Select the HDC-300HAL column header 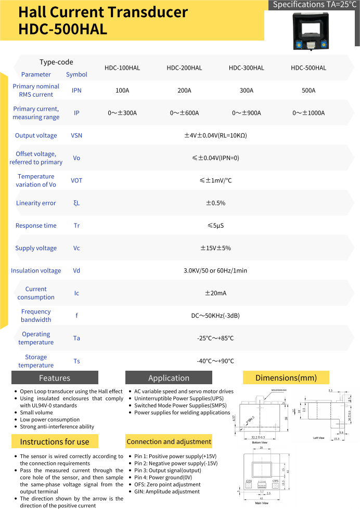coord(246,68)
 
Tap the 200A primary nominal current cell coord(184,90)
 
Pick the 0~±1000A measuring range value coord(308,113)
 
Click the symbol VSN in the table coord(76,136)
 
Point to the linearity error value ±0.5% coord(215,203)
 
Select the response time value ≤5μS coord(215,226)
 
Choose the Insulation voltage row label coord(36,271)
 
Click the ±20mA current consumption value coord(215,293)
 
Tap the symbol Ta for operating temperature coord(76,338)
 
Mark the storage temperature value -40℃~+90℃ coord(215,361)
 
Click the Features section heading coord(55,378)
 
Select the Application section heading coord(169,378)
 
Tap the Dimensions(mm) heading coord(286,377)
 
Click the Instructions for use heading coord(55,442)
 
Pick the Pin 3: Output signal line coord(164,471)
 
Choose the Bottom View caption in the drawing coord(260,428)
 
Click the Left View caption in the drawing coord(319,438)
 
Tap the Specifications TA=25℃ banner coord(313,5)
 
